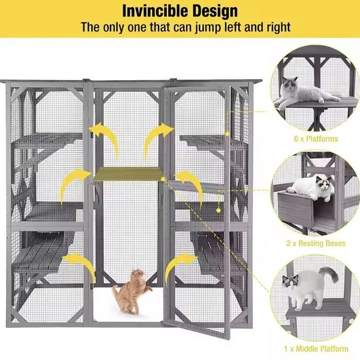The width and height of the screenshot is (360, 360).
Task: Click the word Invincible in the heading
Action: tap(155, 11)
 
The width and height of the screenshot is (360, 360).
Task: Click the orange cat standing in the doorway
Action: tap(132, 292)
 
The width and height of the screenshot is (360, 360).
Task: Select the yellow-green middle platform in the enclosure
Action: tap(128, 174)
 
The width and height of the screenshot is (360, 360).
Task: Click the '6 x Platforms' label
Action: tap(316, 139)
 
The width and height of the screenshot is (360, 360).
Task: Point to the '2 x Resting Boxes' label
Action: tap(316, 243)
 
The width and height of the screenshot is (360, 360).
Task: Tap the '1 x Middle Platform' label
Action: tap(316, 349)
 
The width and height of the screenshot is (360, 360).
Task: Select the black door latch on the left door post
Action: tap(92, 135)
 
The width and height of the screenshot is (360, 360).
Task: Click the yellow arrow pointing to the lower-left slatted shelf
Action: tap(80, 264)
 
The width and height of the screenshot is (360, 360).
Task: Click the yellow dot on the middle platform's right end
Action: tap(163, 179)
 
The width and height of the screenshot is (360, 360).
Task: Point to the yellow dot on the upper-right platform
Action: tap(227, 133)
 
